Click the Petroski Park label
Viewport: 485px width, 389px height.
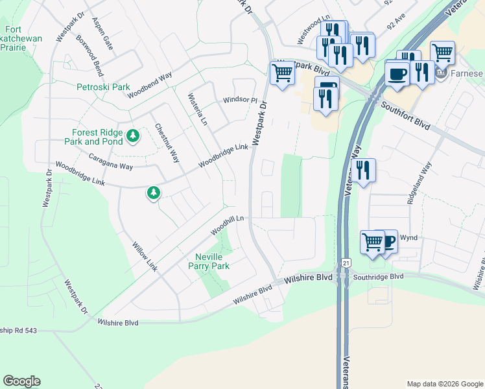pyautogui.click(x=103, y=87)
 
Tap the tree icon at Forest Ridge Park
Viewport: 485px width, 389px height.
pyautogui.click(x=133, y=135)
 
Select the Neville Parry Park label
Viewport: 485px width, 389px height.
pyautogui.click(x=209, y=261)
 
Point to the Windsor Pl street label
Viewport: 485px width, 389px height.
pyautogui.click(x=241, y=100)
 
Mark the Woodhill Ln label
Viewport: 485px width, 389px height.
pyautogui.click(x=226, y=225)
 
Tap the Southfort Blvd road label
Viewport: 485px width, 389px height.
pyautogui.click(x=406, y=117)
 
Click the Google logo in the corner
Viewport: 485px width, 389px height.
pyautogui.click(x=21, y=381)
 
